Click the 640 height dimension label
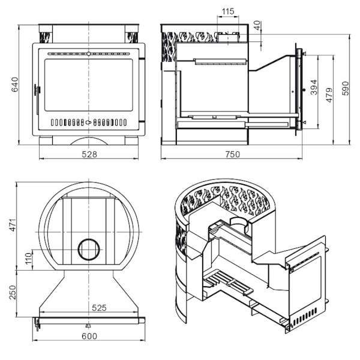pos(15,85)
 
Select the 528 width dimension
pos(89,154)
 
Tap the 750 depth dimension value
pos(233,154)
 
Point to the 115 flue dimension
pos(228,11)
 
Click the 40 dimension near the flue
pos(257,25)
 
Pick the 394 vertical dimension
pos(314,87)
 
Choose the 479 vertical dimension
pos(329,95)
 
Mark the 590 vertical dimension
pos(346,88)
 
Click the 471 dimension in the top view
pos(13,225)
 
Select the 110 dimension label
pos(28,259)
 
